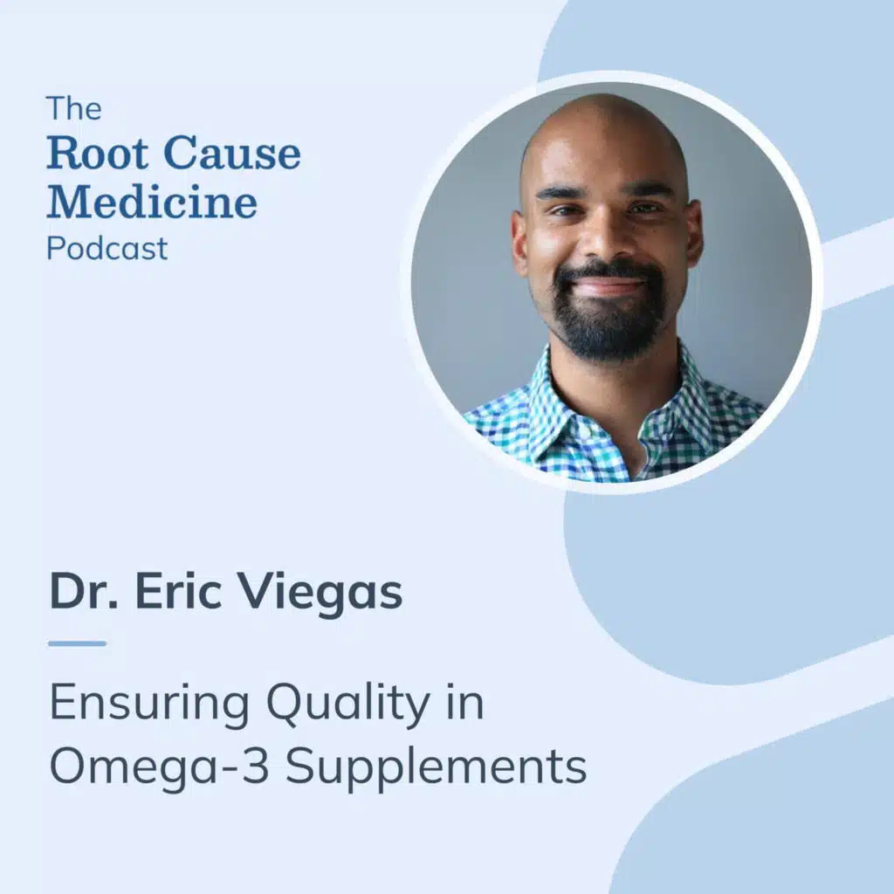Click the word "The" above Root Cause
pos(73,110)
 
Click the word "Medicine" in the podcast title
pos(152,202)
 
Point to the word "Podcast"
pos(107,249)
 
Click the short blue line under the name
pos(77,643)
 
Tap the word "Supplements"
pos(437,769)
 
